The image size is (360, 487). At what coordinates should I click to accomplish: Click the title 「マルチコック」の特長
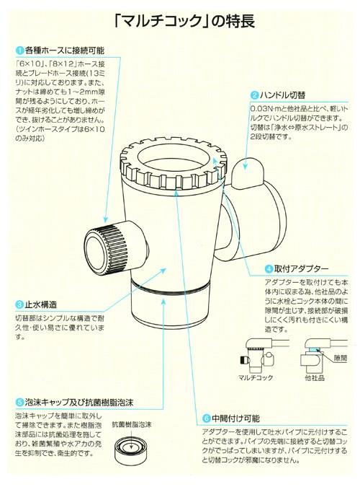click(185, 22)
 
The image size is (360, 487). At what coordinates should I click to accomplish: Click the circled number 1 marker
click(20, 50)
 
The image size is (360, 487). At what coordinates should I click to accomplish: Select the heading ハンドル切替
click(282, 95)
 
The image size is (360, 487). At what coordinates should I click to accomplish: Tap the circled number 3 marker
click(19, 304)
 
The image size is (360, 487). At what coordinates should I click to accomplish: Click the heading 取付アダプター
click(301, 268)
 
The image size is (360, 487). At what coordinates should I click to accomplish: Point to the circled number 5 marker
click(19, 403)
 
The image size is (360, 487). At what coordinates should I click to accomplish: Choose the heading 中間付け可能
click(235, 418)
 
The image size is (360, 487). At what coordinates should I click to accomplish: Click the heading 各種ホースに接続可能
click(65, 50)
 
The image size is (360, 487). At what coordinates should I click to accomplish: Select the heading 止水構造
click(41, 304)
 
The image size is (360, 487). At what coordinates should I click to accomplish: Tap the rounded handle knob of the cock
click(248, 173)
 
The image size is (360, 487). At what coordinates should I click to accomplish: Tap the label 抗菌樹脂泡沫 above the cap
click(132, 424)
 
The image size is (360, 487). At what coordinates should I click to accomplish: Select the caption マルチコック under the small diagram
click(256, 378)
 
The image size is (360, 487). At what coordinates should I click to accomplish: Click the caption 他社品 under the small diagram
click(315, 378)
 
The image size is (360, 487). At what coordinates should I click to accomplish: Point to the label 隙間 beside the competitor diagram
click(340, 358)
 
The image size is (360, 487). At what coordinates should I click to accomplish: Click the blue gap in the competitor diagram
click(315, 350)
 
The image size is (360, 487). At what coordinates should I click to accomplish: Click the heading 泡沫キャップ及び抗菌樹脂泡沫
click(79, 403)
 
